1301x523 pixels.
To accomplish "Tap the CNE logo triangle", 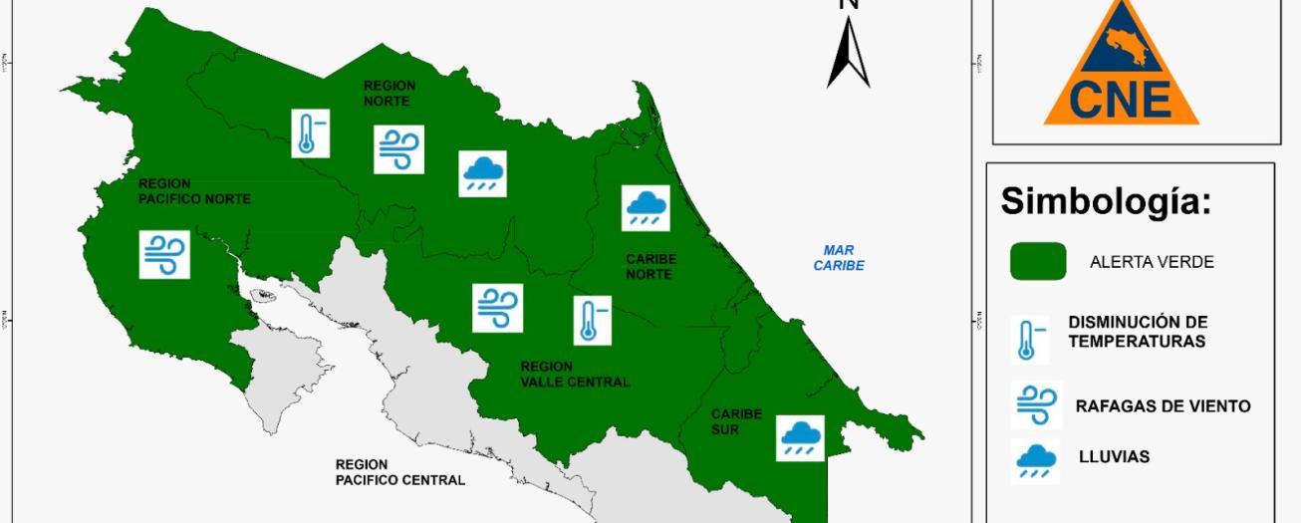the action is (x=1121, y=65).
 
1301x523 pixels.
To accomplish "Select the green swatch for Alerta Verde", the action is (x=1038, y=262).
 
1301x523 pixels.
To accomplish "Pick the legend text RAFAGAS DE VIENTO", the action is (x=1163, y=406).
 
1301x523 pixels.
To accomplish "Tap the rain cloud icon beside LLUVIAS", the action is (x=1036, y=460).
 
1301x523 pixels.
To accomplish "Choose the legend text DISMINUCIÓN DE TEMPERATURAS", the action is (x=1138, y=332).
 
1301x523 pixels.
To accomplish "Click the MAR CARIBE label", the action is (x=839, y=258).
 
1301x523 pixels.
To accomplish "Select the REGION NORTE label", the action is (x=390, y=94).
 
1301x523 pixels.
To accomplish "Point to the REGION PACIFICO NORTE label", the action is (x=194, y=191).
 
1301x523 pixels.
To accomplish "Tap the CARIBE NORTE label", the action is (x=650, y=265).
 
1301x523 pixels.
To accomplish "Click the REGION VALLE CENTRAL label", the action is (x=575, y=374).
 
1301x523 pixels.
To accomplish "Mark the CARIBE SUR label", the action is (x=736, y=421).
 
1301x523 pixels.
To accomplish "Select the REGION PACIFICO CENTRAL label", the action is (x=399, y=472).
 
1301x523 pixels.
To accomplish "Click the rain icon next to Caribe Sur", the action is (x=800, y=437).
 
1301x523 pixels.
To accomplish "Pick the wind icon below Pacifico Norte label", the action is (x=164, y=254).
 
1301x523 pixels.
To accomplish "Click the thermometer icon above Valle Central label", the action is (x=589, y=321).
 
